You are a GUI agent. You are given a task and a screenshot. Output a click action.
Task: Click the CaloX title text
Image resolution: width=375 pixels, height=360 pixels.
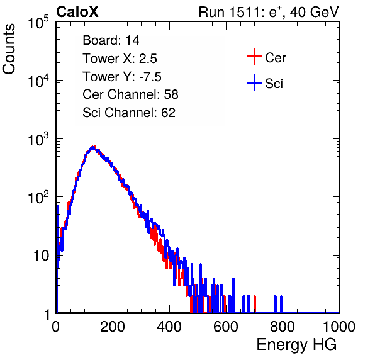(77, 12)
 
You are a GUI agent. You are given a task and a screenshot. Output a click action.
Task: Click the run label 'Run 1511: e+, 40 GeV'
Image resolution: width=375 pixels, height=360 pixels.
(269, 12)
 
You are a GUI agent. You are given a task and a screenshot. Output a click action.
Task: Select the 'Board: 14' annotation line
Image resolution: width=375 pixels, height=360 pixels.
(111, 40)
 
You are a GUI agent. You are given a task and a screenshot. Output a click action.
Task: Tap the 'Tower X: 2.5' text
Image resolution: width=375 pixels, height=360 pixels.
(120, 59)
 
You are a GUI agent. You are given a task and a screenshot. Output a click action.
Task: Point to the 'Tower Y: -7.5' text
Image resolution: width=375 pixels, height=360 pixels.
(122, 77)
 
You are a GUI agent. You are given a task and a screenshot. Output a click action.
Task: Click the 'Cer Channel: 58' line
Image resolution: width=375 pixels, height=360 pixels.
(130, 94)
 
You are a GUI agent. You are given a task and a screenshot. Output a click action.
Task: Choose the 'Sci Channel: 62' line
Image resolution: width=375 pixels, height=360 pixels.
(129, 113)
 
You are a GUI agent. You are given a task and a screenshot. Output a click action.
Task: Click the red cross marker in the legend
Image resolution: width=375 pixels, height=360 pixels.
(254, 57)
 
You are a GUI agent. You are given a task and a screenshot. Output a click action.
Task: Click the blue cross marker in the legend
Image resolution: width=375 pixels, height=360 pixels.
(254, 82)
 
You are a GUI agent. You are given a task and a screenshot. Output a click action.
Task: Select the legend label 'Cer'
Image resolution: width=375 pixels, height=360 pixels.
(275, 58)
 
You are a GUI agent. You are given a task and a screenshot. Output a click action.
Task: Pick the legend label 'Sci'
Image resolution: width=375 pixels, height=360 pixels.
(274, 84)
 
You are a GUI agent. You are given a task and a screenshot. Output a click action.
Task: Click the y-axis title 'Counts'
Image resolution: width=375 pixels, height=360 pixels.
(9, 49)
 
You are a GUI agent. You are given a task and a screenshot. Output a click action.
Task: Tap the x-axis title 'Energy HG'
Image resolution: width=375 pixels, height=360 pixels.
(296, 345)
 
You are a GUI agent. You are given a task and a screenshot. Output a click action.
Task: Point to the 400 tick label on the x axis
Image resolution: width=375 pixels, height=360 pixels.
(169, 327)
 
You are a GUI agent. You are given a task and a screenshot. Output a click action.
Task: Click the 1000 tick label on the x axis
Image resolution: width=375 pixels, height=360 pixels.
(339, 327)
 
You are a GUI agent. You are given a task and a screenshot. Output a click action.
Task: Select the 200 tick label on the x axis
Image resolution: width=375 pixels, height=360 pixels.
(113, 327)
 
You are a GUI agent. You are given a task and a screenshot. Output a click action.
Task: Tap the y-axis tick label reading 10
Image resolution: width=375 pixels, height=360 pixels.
(42, 256)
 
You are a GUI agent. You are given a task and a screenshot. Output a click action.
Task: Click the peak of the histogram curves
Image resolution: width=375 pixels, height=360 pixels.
(93, 147)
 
